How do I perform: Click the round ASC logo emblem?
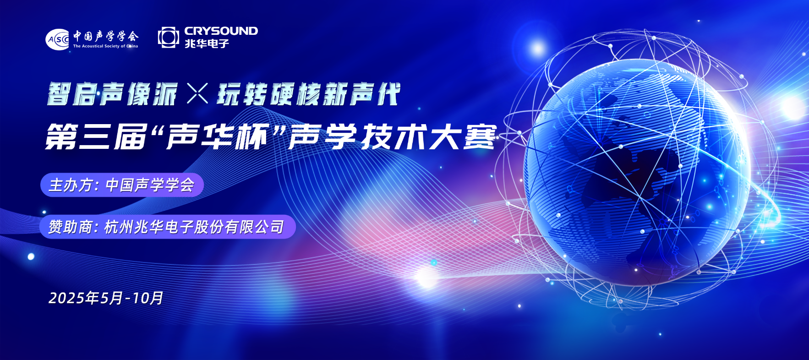coord(57,39)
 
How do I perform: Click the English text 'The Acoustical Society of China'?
coord(105,46)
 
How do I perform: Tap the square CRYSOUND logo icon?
coord(168,37)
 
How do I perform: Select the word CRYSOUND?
coord(221,31)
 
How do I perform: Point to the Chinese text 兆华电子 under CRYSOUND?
coord(207,44)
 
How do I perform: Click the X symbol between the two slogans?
coord(197,93)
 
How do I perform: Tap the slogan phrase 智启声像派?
coord(112,94)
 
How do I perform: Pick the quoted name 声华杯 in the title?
coord(217,137)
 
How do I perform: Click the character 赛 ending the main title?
coord(481,137)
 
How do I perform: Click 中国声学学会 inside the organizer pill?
coord(150,185)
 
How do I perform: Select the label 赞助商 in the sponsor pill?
coord(70,227)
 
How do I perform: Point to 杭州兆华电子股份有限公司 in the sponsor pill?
coord(194,227)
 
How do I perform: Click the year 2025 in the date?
coord(67,298)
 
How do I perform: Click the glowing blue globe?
coord(637,172)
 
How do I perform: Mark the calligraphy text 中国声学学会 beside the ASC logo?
coord(106,36)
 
